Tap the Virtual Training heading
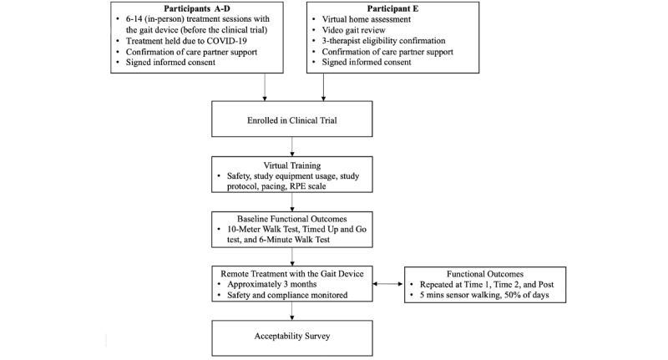click(291, 165)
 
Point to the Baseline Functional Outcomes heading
click(291, 216)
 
